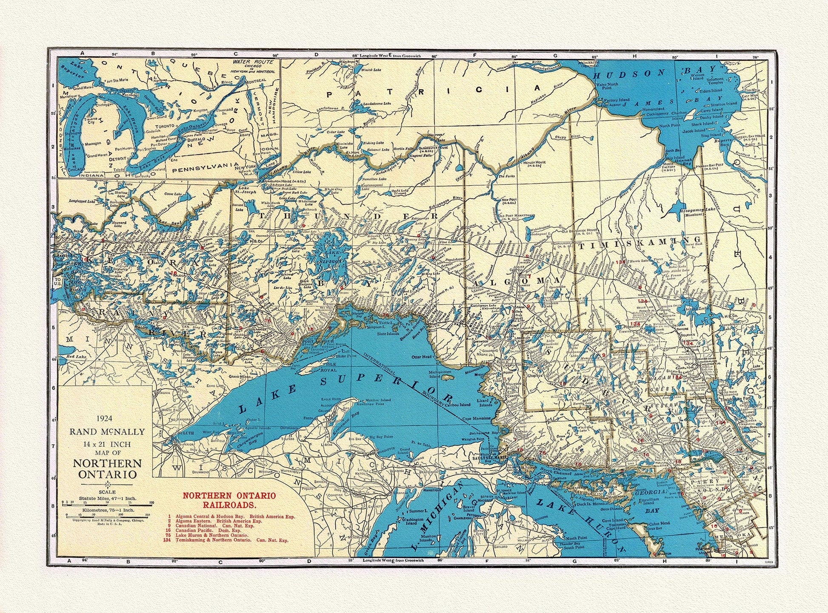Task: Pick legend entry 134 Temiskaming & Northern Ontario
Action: pos(226,540)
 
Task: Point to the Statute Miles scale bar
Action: pos(107,503)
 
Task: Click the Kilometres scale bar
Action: pos(107,515)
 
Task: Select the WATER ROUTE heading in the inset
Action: pos(246,62)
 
